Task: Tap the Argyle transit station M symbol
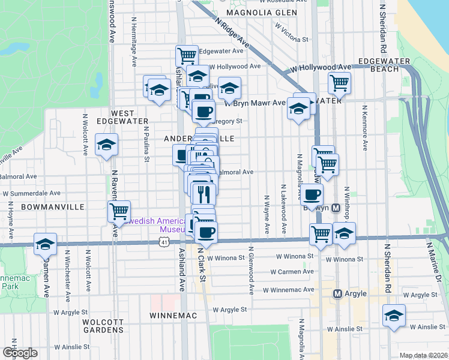coord(337,293)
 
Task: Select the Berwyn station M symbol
coord(336,208)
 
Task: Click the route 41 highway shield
coord(164,242)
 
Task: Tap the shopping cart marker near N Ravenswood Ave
coord(119,211)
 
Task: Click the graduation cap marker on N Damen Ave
coord(45,244)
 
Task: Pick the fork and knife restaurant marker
coord(203,193)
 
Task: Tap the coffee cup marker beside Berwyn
coord(312,194)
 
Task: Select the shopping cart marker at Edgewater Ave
coord(187,56)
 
